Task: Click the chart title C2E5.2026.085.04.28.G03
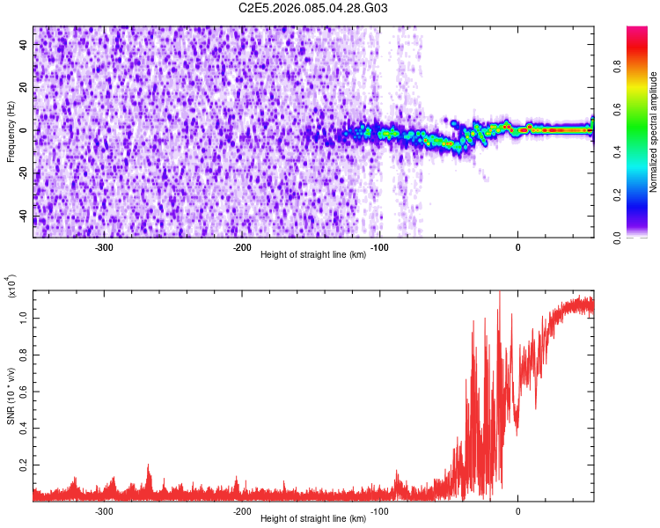click(313, 8)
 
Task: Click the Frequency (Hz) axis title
click(11, 131)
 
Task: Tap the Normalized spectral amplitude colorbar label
click(654, 132)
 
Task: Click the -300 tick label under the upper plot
click(105, 247)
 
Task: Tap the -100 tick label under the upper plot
click(380, 247)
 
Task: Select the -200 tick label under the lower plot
click(242, 510)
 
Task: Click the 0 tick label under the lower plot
click(517, 510)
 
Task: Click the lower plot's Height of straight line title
click(312, 519)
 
